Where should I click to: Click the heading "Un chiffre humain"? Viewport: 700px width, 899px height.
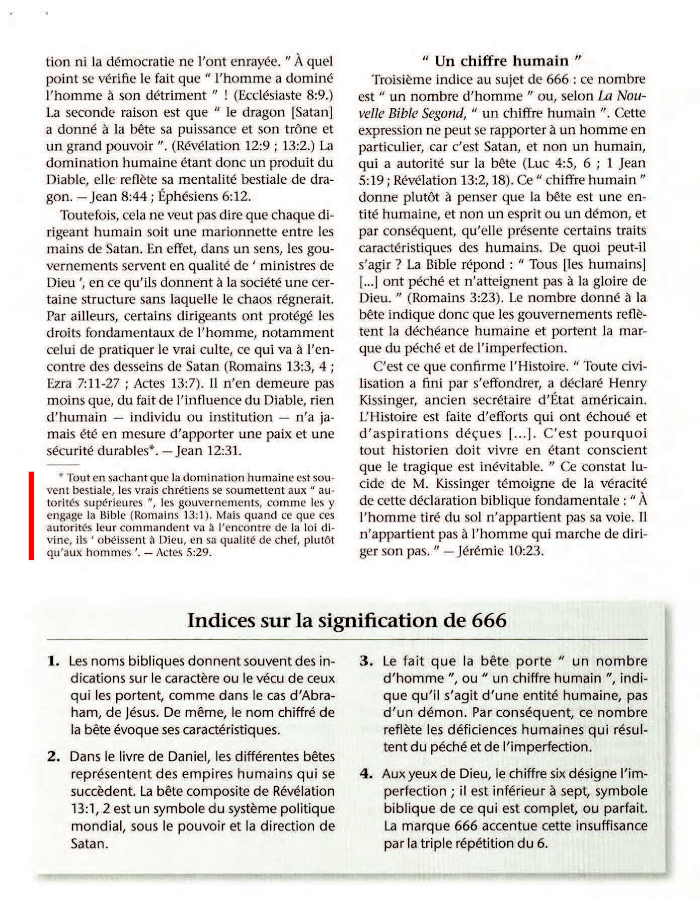coord(501,61)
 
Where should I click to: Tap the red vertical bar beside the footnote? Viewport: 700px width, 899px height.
coord(31,515)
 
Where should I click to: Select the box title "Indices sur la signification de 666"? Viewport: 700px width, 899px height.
coord(347,620)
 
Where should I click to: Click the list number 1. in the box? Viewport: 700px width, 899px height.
coord(53,661)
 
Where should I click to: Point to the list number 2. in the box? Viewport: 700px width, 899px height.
coord(53,757)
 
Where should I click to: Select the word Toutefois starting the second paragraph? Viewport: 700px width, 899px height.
coord(89,215)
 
